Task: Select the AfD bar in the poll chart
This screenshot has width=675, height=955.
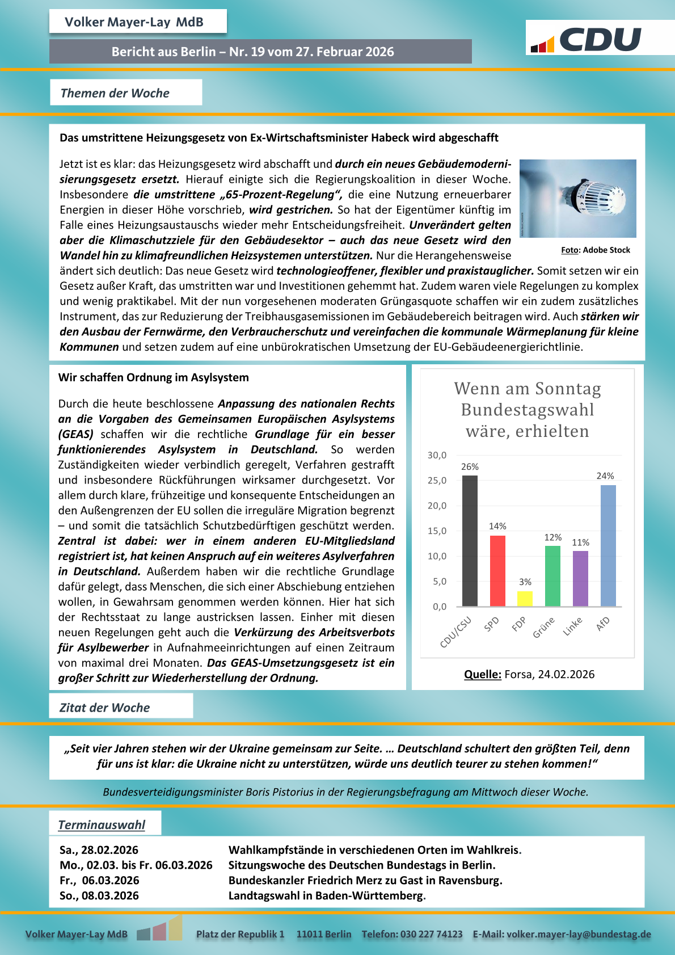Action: (x=608, y=545)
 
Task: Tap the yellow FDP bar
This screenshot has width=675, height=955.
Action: (x=525, y=599)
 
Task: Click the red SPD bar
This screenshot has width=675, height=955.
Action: (x=497, y=570)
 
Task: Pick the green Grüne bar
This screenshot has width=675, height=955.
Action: (x=552, y=575)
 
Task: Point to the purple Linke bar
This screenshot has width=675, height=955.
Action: (x=580, y=578)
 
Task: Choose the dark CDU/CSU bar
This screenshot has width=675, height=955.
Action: (x=470, y=540)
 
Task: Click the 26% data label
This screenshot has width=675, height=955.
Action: (x=470, y=467)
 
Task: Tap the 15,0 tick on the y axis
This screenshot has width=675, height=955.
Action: (x=437, y=531)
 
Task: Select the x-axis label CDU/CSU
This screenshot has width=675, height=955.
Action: (x=456, y=632)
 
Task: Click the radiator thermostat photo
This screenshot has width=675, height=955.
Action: (x=577, y=198)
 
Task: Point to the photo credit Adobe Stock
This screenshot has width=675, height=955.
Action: (x=596, y=250)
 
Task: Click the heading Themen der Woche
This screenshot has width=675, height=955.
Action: (x=115, y=93)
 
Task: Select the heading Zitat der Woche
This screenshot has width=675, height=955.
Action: (x=105, y=708)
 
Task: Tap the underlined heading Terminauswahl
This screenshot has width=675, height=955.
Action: (x=102, y=825)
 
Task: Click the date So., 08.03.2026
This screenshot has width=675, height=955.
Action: (x=99, y=895)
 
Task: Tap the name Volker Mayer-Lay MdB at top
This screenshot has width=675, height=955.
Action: (x=134, y=22)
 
